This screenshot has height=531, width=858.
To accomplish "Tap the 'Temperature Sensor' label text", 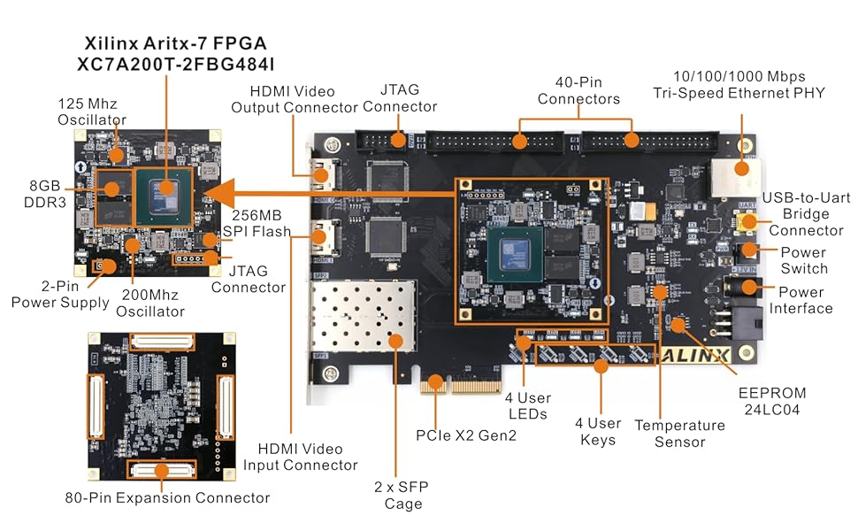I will point(680,433).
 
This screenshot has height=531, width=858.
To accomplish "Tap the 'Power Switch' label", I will point(804,259).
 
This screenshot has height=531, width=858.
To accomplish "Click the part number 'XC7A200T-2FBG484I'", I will point(166,64).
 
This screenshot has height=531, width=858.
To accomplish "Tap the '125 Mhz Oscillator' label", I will point(91,111).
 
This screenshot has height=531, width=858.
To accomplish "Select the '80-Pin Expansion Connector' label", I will point(167,497).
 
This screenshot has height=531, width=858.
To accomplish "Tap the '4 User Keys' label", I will point(598,431).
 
